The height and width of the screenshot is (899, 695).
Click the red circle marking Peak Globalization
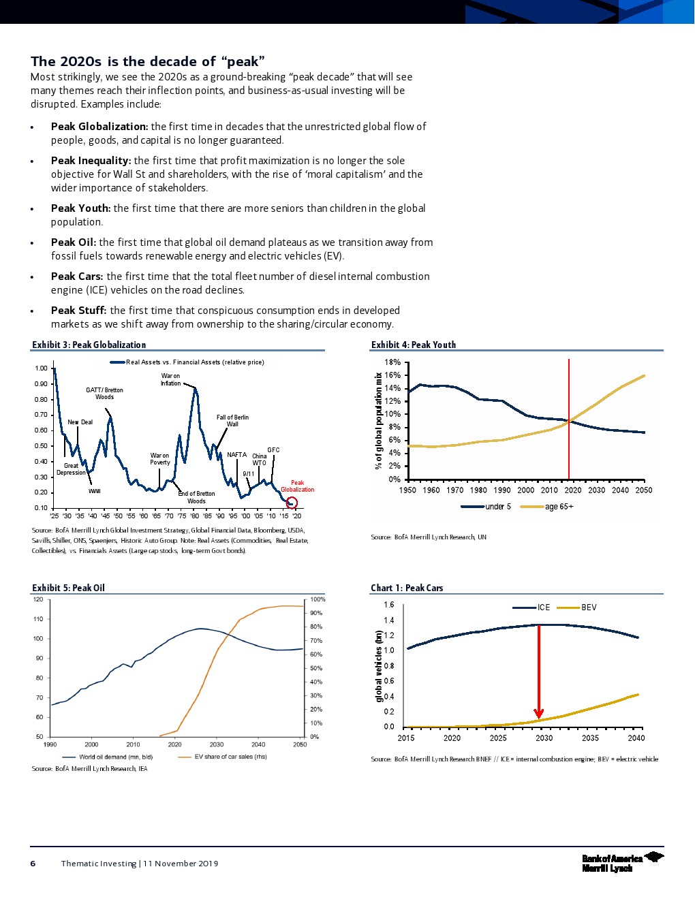pos(292,503)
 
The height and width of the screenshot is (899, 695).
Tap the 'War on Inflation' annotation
pos(170,379)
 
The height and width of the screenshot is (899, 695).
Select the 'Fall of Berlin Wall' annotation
pos(232,420)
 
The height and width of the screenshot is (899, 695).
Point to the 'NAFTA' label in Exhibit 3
pos(236,455)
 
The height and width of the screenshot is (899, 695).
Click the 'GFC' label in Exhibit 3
pos(273,450)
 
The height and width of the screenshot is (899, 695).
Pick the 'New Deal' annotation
pos(80,422)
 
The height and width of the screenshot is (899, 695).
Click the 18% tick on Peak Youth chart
pos(392,362)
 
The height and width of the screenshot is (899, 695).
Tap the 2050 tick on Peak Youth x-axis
pos(643,490)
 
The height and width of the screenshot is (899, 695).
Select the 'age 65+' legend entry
pos(559,507)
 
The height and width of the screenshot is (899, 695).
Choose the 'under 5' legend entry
pos(497,507)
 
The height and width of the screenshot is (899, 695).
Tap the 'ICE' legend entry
pos(543,608)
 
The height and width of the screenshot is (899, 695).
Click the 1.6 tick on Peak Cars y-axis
pos(388,605)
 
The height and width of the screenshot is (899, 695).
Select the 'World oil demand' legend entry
pos(115,757)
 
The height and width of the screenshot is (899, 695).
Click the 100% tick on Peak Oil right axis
pos(318,599)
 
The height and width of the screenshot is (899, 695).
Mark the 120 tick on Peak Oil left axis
pos(38,599)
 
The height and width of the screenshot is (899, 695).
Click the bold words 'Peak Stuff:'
pos(78,311)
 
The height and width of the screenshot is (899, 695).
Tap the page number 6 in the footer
pos(33,864)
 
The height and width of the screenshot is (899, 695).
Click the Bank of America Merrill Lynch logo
pos(622,862)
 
